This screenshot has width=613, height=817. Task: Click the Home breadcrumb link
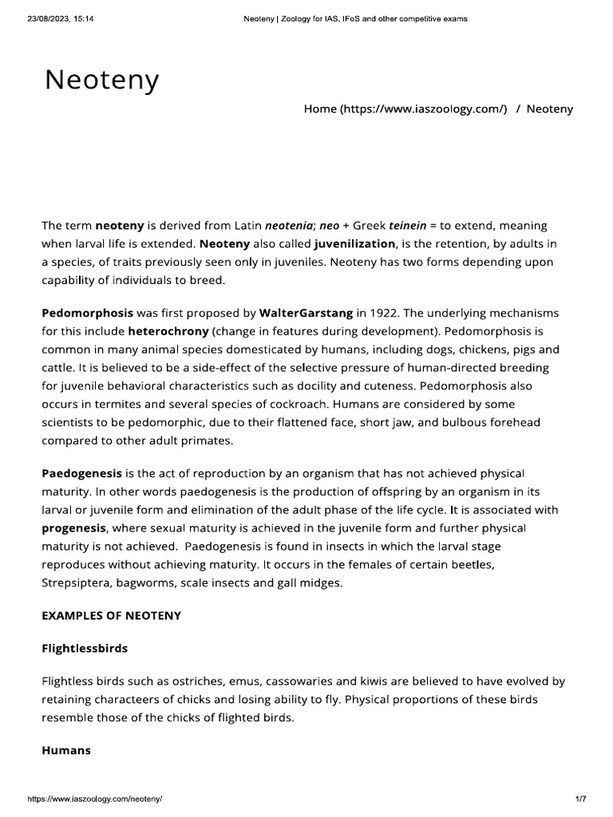tap(405, 109)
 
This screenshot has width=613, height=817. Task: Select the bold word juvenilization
tap(355, 243)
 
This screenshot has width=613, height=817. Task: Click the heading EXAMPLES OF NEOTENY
tap(111, 615)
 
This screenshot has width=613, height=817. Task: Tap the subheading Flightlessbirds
tap(85, 649)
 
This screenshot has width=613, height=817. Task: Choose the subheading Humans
tap(66, 751)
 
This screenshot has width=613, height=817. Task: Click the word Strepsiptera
tap(78, 583)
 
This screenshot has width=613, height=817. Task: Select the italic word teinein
tap(410, 226)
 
